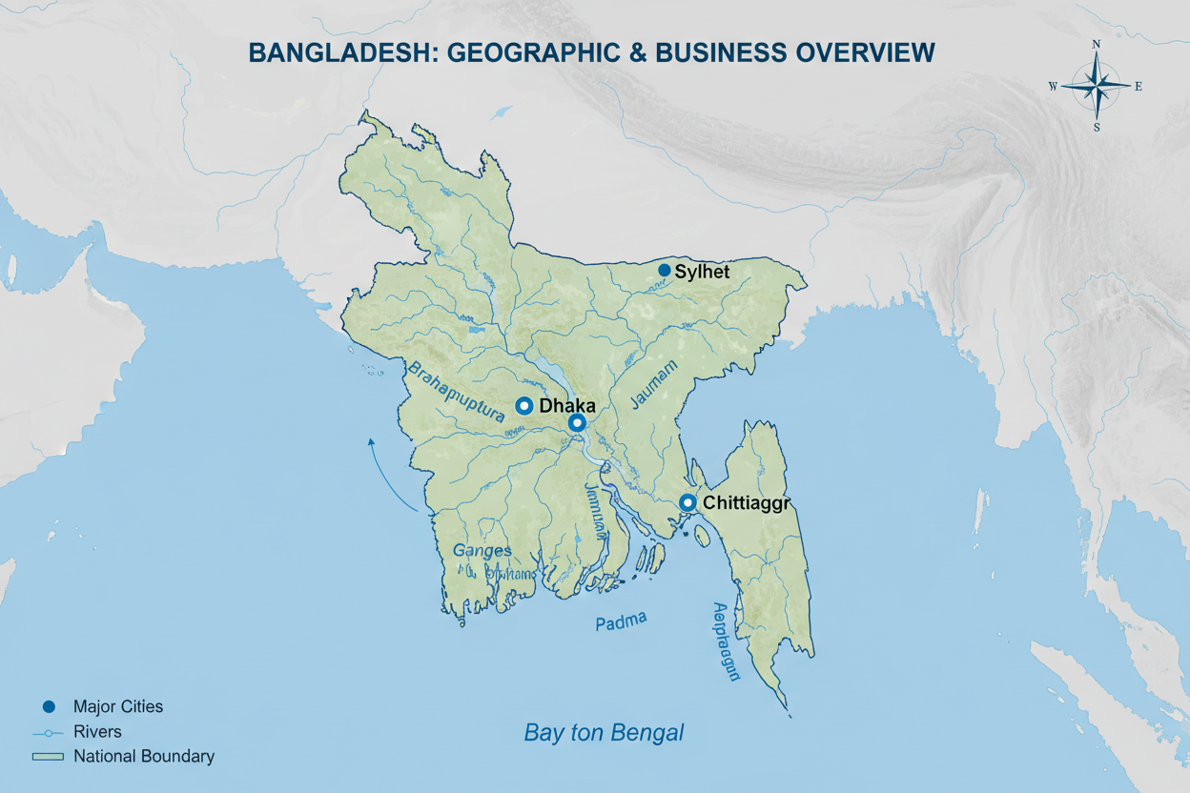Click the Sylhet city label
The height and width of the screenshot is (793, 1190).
coord(702,272)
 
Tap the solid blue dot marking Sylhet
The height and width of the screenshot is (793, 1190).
coord(665,271)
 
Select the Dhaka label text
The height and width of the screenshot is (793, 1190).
coord(567,406)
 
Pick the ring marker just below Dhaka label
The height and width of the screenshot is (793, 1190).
coord(576,423)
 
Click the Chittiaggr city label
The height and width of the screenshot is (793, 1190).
coord(748,502)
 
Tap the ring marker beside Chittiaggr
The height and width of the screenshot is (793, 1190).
coord(687,503)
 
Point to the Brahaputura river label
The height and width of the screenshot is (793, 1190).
coord(455,392)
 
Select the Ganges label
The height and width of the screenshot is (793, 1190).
coord(482,551)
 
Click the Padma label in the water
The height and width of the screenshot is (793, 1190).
coord(621,622)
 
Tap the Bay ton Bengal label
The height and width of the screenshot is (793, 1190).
coord(604,733)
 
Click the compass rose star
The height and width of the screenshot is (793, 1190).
coord(1097,86)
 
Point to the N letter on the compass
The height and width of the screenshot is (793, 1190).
coord(1097,44)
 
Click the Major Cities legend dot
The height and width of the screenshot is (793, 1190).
coord(49,706)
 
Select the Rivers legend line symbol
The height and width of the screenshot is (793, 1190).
coord(48,732)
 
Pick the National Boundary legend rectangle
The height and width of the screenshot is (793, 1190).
coord(48,757)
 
